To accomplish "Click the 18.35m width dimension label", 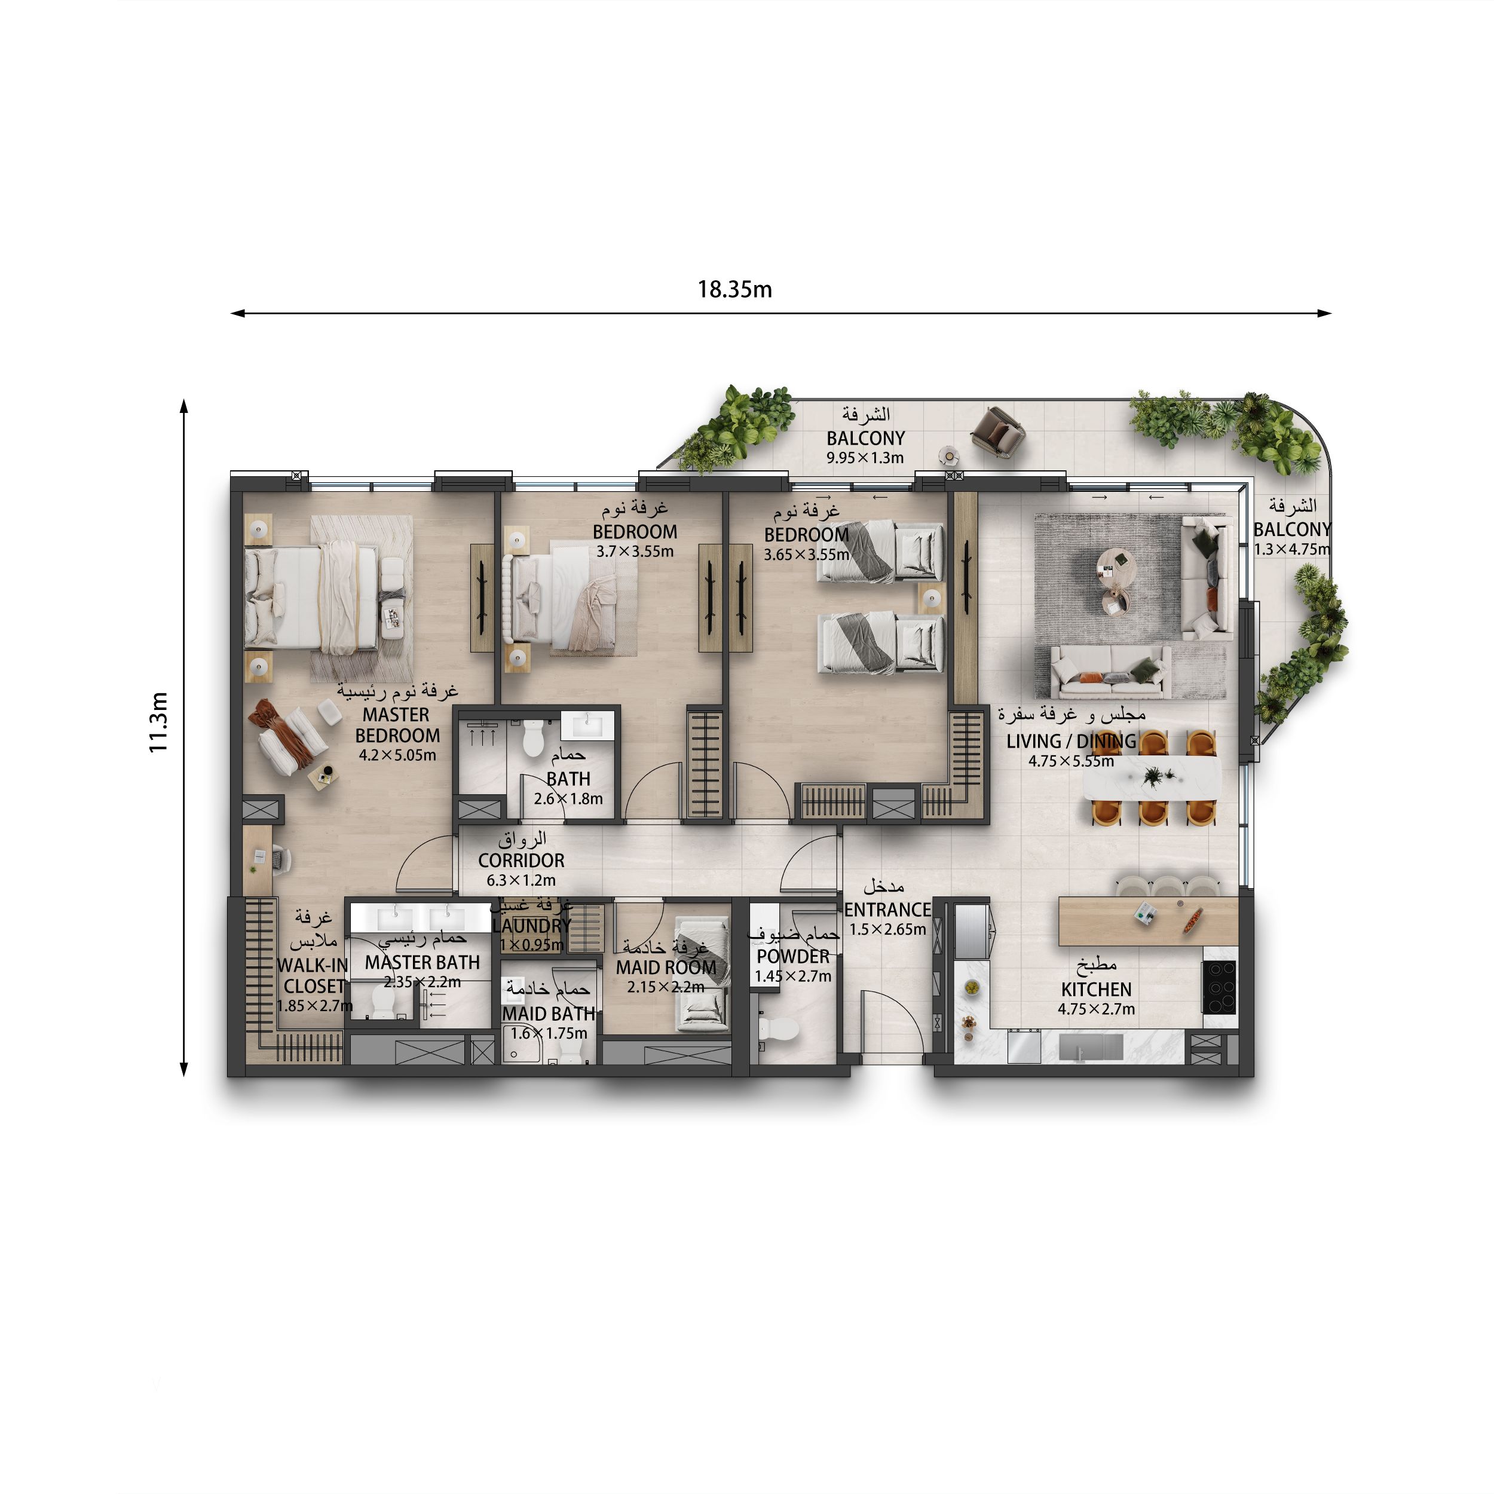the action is (734, 289).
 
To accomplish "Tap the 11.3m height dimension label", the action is (158, 722).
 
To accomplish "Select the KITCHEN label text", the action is (1096, 989).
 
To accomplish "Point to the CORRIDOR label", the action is (521, 860).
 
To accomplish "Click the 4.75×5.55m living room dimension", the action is (1071, 761).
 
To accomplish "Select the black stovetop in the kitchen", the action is (1219, 986).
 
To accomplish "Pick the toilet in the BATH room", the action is (533, 739).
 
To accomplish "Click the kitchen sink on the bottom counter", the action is (1091, 1048).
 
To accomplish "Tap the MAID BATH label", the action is (548, 1013).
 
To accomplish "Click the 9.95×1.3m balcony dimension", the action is (865, 458).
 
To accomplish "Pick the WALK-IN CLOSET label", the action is (313, 976).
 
